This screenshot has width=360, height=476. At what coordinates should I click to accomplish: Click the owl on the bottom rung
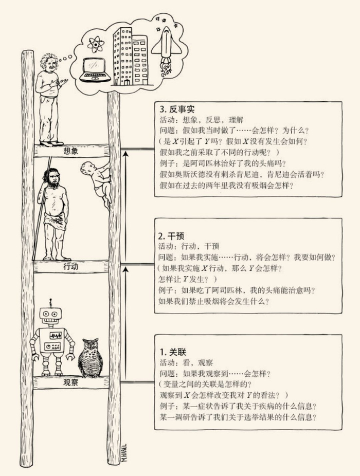(90, 358)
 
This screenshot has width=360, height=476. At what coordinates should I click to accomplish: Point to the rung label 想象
(71, 151)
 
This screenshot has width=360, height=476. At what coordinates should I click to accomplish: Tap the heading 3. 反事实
(176, 109)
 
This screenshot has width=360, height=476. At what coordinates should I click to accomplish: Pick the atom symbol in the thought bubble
(96, 44)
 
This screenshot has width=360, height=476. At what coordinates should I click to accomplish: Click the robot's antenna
(50, 303)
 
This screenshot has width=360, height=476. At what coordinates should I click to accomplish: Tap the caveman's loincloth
(56, 222)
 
